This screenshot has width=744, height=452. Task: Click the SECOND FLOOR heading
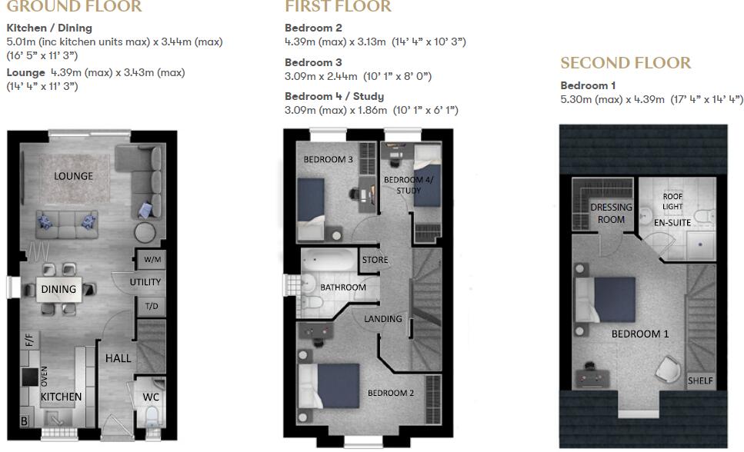point(626,63)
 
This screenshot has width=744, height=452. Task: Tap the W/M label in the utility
point(152,260)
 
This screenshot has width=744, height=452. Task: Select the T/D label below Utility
point(152,305)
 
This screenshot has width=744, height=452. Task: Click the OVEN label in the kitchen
point(44,377)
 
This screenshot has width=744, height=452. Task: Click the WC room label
point(151,397)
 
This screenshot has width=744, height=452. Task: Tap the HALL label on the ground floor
point(118,357)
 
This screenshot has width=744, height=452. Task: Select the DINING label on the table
point(58,289)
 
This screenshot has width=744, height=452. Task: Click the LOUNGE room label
point(73,176)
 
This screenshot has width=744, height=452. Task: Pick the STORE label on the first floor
point(375,260)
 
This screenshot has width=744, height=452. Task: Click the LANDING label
point(382,318)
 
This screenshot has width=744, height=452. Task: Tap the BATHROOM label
point(343,287)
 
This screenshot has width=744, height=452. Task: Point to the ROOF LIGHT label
point(672,201)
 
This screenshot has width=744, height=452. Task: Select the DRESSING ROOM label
point(611,213)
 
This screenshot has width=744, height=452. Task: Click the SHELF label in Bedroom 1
point(700,381)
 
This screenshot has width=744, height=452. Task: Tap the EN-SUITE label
point(672,222)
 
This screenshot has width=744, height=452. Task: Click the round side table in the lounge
point(145,233)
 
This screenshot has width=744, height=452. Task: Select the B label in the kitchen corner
point(24,421)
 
